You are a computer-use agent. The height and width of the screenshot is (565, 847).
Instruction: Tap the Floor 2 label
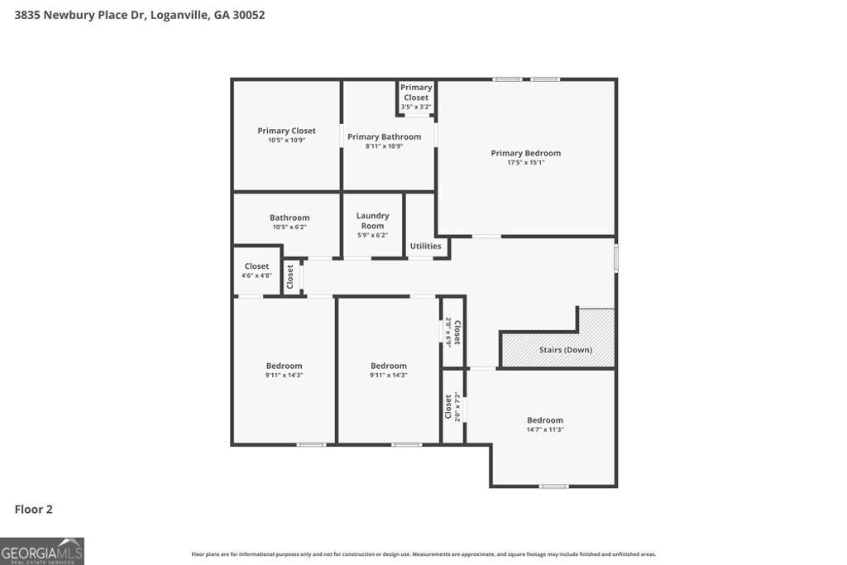[34, 510]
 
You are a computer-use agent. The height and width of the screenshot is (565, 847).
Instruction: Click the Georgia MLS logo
[42, 551]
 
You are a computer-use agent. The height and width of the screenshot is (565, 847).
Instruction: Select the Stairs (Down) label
[566, 350]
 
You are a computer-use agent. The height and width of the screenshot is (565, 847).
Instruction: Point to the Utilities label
[426, 246]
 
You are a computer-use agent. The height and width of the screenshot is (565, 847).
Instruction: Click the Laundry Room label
[372, 221]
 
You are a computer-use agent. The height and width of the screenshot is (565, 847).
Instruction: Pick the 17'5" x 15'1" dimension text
[525, 163]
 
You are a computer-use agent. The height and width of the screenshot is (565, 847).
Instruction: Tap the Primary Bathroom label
[384, 136]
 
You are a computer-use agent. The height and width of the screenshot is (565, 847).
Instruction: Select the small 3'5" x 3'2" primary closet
[416, 98]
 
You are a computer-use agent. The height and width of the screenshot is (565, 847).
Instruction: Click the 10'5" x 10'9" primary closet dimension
[286, 141]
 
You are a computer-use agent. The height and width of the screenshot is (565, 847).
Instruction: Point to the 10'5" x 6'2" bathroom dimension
[290, 227]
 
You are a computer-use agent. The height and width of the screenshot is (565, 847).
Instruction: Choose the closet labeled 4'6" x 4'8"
[256, 271]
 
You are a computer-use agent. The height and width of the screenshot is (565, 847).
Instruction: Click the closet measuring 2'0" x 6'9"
[452, 332]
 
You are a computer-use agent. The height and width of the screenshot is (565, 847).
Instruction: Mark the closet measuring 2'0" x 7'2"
[452, 406]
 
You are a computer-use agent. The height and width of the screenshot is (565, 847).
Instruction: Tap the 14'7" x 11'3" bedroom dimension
[545, 429]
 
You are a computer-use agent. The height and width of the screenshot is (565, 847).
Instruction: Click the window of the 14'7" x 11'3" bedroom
[553, 486]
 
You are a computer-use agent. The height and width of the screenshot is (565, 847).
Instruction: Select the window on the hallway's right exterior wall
[616, 256]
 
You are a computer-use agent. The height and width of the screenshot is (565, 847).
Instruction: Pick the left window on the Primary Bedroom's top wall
[507, 79]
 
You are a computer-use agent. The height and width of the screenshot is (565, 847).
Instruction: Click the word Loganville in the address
[179, 15]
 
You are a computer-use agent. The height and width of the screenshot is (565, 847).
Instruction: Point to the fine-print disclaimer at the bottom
[423, 554]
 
